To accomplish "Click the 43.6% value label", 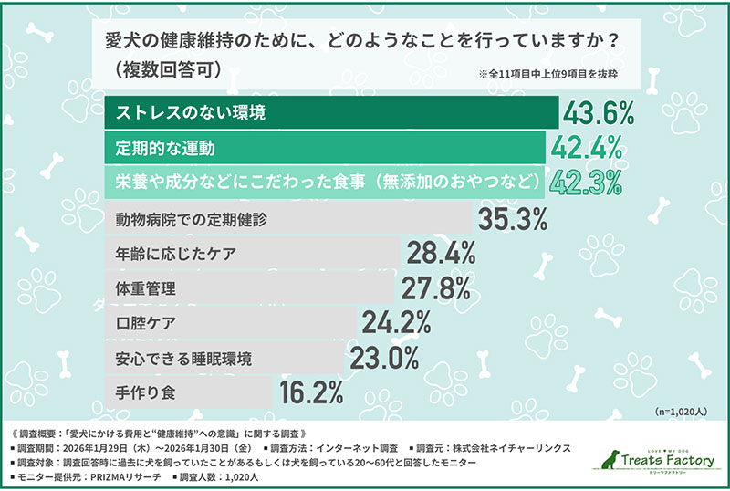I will pyautogui.click(x=598, y=113).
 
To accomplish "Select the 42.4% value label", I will pyautogui.click(x=586, y=147).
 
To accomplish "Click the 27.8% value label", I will pyautogui.click(x=436, y=288).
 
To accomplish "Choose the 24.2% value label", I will pyautogui.click(x=396, y=322).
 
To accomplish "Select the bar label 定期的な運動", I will pyautogui.click(x=165, y=147).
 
